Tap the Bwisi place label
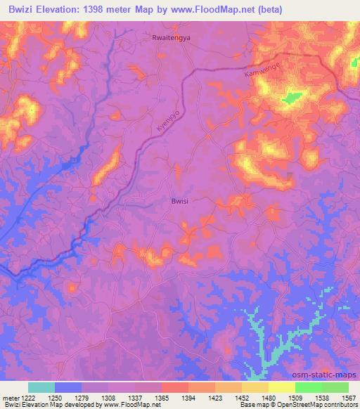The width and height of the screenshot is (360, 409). point(181,200)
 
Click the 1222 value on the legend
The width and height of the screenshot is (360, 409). point(28,397)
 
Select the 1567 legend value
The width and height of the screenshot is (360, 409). point(349,397)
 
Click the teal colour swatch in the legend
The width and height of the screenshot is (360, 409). point(41,387)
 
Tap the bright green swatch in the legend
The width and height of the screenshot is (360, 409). point(309,387)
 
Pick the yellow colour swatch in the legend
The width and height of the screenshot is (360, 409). point(282,387)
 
